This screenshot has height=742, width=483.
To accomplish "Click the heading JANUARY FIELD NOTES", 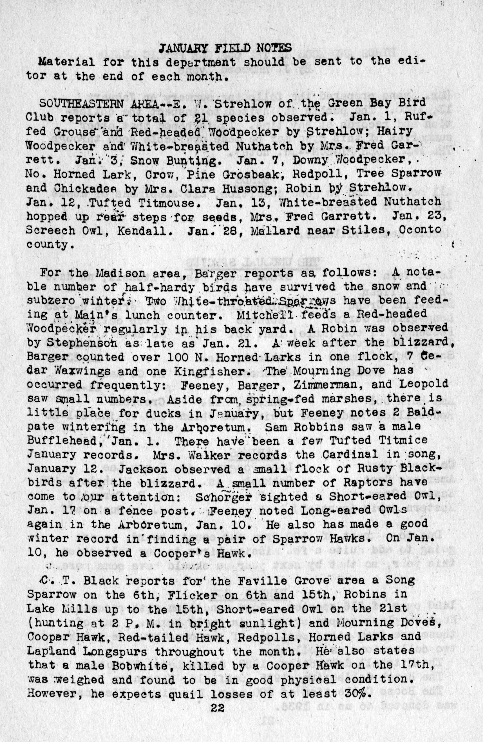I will (225, 48).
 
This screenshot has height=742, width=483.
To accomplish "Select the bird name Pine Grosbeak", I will (222, 174).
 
